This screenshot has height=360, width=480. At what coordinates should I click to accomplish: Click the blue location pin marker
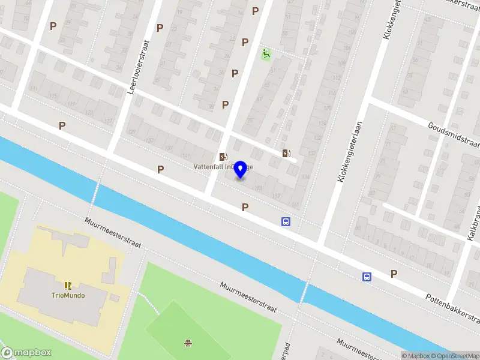tap(241, 169)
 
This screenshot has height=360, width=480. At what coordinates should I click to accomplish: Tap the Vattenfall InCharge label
tap(223, 166)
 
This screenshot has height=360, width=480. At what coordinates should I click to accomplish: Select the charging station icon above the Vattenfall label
tap(223, 157)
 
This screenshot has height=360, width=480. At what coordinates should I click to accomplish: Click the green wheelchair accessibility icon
tap(266, 55)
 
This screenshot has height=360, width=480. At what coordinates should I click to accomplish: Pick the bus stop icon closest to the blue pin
tap(286, 221)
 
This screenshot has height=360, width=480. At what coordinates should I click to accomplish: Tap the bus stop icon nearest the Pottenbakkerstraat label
tap(366, 277)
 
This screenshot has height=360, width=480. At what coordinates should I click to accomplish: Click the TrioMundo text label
tap(67, 295)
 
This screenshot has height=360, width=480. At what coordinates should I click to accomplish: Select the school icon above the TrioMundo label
tap(67, 285)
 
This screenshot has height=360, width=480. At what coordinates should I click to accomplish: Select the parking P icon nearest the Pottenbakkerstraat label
tap(394, 274)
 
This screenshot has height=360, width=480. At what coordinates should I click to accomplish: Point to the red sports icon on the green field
tap(188, 343)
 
